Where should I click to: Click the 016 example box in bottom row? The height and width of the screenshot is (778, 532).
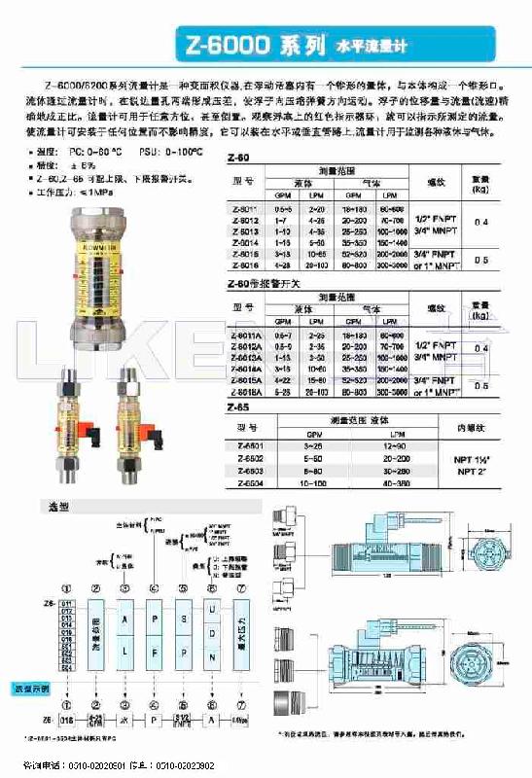pos(66,722)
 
